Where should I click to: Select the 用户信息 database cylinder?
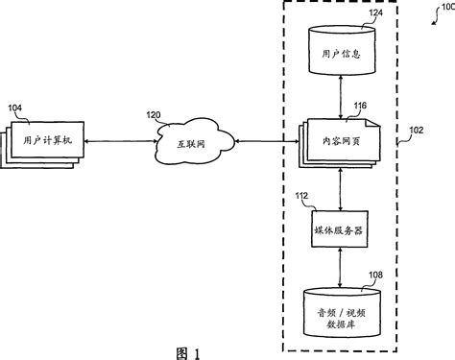coord(341,54)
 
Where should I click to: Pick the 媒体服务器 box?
coord(341,230)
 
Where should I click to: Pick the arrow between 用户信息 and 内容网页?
coord(341,98)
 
